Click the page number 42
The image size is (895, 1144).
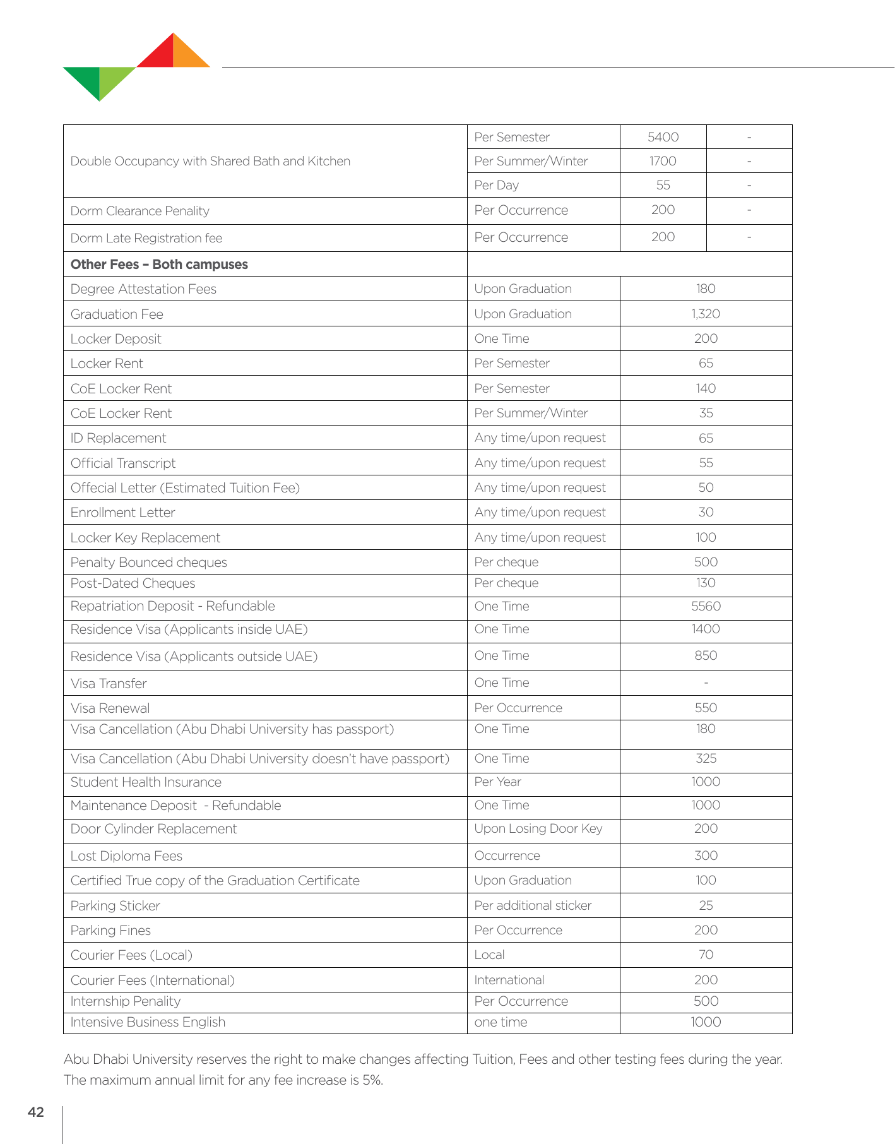point(36,1112)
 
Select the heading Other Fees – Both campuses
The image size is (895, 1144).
point(159,265)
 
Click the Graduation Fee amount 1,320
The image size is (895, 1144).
point(706,314)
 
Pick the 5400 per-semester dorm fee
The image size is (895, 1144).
point(663,137)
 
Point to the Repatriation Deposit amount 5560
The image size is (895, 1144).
point(706,606)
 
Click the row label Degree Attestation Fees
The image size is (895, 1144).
point(143,289)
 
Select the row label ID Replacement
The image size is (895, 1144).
point(118,438)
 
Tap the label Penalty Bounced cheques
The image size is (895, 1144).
point(148,563)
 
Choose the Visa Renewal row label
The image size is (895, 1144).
point(110,708)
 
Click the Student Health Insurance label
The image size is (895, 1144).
point(146,782)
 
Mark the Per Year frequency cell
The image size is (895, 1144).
point(498,782)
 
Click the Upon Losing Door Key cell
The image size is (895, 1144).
point(538,828)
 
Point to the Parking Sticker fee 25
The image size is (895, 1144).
point(706,905)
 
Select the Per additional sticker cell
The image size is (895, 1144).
point(533,905)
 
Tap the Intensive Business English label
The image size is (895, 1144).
point(148,1022)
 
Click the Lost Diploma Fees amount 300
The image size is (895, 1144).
point(706,855)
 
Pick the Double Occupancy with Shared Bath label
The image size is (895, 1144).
point(210,161)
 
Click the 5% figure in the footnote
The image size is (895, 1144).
point(372,1080)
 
